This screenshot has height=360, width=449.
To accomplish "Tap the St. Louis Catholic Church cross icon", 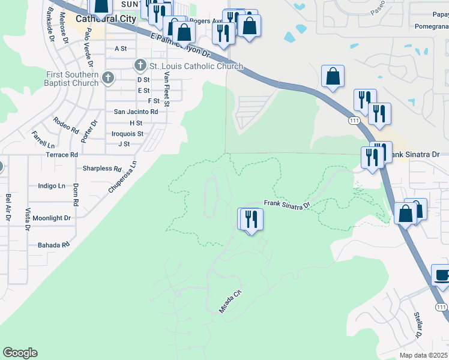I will (140, 65).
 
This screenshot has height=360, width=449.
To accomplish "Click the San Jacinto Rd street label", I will (136, 112).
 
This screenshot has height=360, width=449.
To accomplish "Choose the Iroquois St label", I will (127, 134).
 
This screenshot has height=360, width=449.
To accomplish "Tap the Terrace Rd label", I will (62, 154).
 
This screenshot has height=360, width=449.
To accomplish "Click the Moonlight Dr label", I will (52, 218).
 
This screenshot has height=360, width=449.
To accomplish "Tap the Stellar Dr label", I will (419, 324).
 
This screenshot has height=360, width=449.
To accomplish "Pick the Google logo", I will (20, 353).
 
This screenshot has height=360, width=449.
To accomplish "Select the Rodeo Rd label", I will (66, 125).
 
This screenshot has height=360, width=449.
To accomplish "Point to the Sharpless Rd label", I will (102, 169).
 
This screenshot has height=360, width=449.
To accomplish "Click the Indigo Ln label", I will (51, 186).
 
